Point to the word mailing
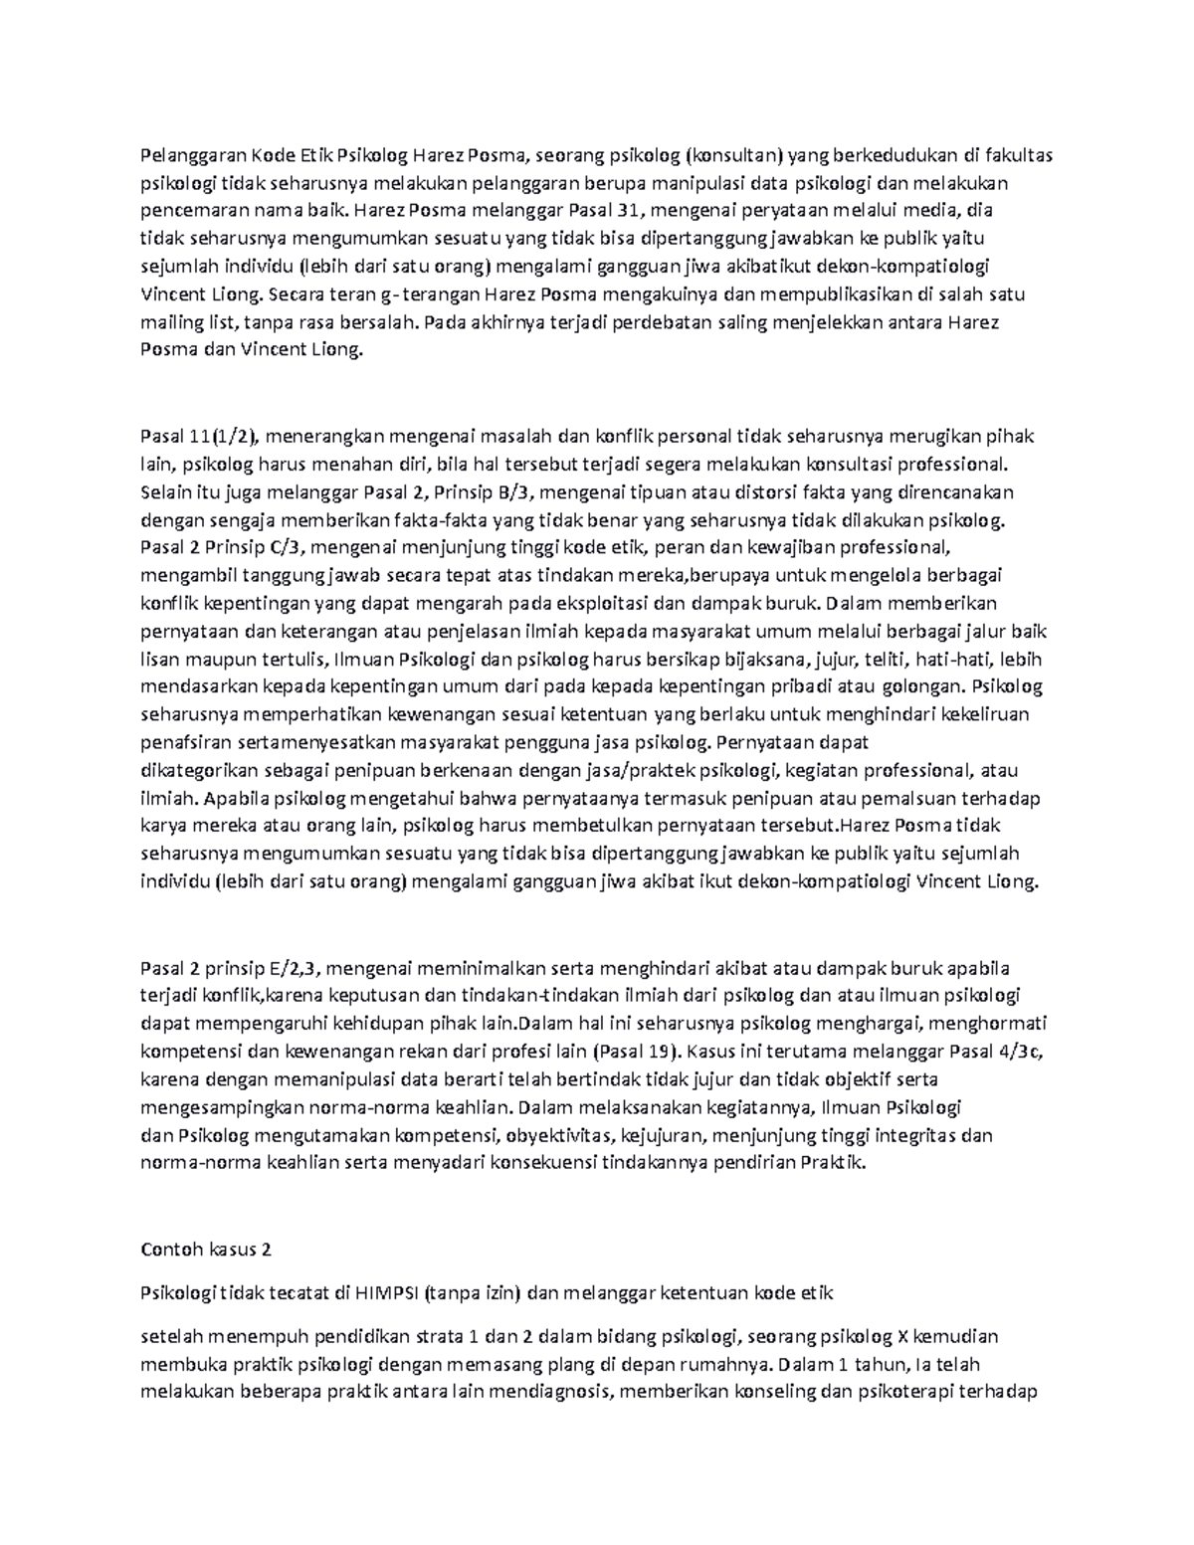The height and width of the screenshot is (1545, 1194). click(171, 322)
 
